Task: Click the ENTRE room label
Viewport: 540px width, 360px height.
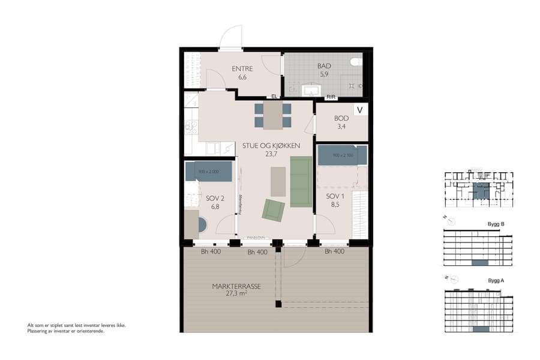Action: point(242,68)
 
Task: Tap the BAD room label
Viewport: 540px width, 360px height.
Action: point(324,67)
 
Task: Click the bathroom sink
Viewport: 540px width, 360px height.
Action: point(311,90)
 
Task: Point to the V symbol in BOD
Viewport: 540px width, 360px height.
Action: point(360,110)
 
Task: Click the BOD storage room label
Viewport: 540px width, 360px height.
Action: point(341,118)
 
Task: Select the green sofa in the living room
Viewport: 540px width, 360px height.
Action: point(301,181)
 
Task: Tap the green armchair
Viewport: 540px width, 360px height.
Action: point(273,210)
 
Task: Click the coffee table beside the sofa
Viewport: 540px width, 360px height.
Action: point(278,182)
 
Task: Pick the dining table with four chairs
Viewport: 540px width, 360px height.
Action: point(273,115)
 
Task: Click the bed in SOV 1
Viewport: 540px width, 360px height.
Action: point(342,155)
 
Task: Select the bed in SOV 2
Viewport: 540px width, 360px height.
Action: point(209,171)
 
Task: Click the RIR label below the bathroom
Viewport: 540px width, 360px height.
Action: point(331,97)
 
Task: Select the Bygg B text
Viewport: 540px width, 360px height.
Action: point(496,224)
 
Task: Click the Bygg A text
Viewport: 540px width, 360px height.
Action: point(496,281)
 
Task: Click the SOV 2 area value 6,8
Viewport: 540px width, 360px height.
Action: point(215,206)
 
